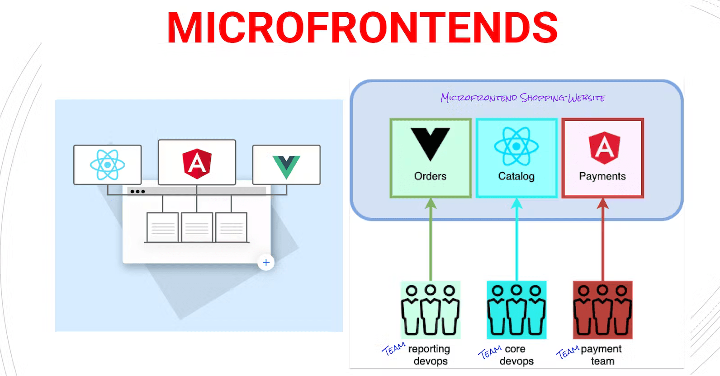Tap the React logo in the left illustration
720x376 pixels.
(108, 165)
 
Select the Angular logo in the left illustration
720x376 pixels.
(197, 163)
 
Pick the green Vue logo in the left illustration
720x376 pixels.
(286, 166)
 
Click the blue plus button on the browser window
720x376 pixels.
(266, 262)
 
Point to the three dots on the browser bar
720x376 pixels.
(137, 192)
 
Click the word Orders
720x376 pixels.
(430, 176)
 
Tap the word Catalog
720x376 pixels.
(516, 176)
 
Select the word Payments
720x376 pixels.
(602, 176)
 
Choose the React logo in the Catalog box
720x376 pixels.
(516, 146)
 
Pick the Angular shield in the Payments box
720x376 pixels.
(604, 147)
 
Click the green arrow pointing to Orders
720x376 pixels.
(431, 240)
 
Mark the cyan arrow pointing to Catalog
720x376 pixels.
(516, 240)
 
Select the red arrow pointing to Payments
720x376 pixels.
(602, 240)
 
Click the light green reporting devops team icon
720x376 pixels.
(431, 310)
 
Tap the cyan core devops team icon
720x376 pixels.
(516, 310)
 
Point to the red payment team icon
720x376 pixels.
(602, 310)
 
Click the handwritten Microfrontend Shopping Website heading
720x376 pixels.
(522, 98)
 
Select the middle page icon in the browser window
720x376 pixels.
(197, 227)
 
